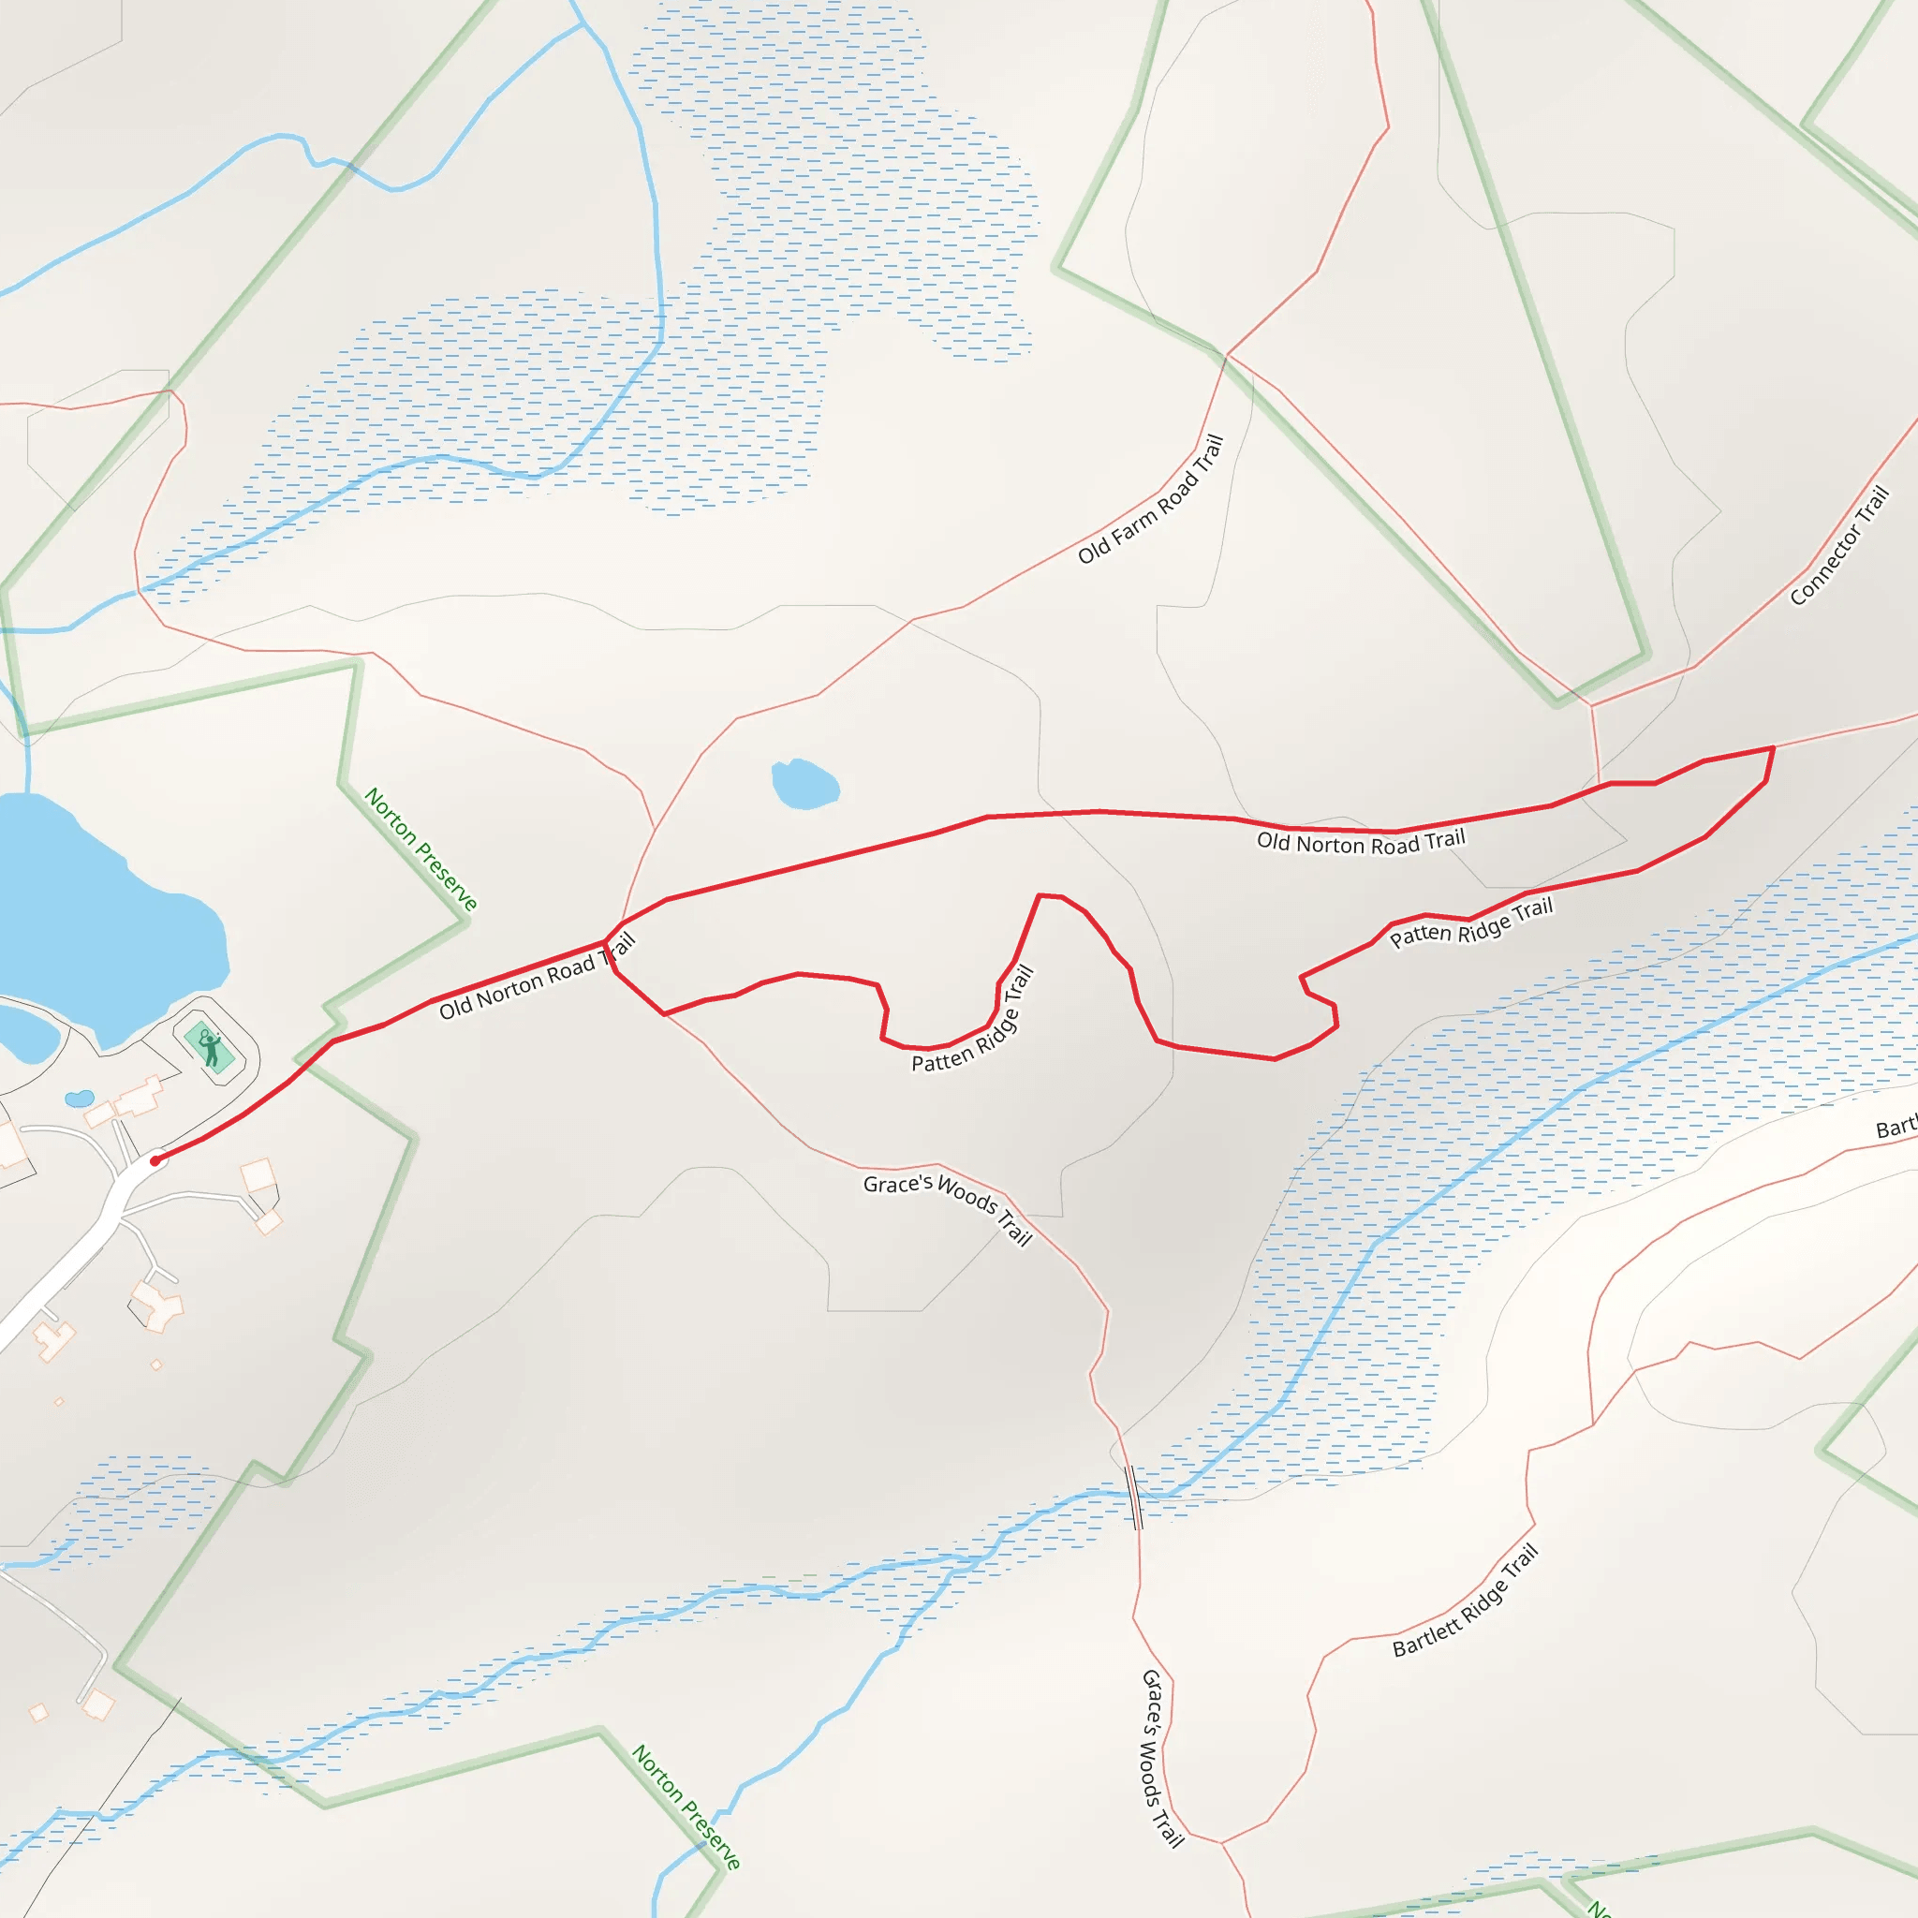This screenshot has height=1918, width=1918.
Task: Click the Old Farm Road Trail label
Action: (1151, 499)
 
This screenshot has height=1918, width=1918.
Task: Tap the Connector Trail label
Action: (1838, 545)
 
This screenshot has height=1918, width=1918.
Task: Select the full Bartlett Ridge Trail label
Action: (1466, 1600)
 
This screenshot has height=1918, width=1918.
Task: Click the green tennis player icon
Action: (210, 1048)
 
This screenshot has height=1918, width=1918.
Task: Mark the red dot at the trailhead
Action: (155, 1159)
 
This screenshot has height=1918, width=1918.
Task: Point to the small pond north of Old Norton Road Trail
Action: (805, 784)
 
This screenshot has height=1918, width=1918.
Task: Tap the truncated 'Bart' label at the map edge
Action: (1896, 1129)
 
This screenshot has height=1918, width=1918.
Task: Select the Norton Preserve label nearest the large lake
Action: (420, 848)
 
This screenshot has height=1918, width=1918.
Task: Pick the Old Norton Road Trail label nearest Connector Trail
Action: (1361, 842)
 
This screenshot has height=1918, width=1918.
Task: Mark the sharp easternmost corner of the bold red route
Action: (1773, 747)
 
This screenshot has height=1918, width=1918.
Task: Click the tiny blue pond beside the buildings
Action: (79, 1099)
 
